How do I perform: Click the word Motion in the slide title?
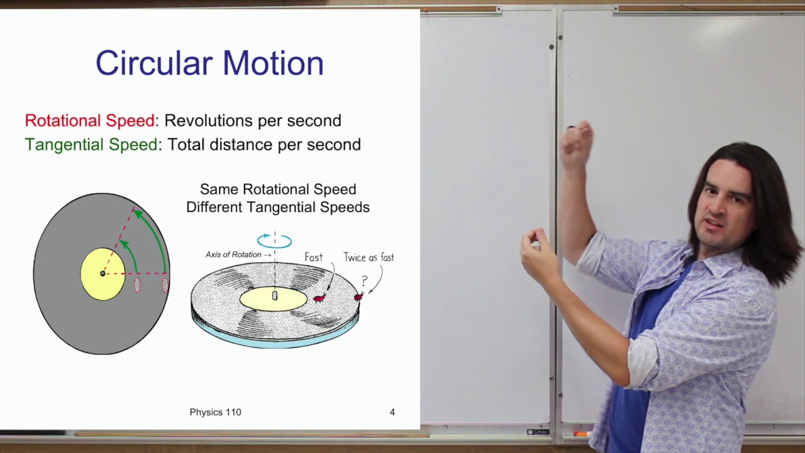coord(273,64)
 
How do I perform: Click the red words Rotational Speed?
coord(90,121)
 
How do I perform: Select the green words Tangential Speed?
coord(91,145)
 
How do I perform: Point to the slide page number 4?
coord(392,412)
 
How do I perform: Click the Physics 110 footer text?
coord(215,412)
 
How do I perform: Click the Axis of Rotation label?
coord(233,255)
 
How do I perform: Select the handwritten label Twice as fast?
coord(369,257)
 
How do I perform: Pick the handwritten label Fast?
coord(313,257)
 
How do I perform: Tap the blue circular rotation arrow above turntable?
coord(275,240)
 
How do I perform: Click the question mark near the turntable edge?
coord(364,281)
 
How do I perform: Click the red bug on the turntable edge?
coord(358,296)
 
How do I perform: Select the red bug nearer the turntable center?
coord(319,298)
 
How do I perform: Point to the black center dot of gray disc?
coord(103,274)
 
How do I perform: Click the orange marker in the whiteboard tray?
coord(580,433)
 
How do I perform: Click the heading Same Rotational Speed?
coord(278,189)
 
